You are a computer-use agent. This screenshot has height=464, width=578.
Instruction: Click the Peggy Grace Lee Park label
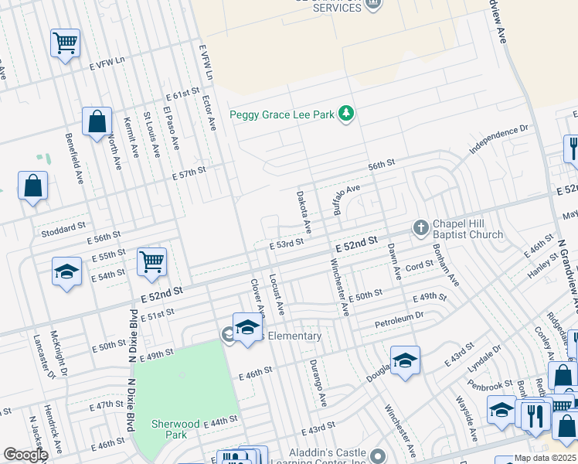pos(282,115)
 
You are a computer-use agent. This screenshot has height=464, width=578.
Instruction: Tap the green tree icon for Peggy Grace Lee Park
pos(347,114)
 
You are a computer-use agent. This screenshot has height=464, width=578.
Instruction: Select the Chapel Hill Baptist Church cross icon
pos(420,227)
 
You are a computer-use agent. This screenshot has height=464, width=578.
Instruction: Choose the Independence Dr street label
pos(499,140)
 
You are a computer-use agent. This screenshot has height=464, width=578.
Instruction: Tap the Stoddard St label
pos(65,228)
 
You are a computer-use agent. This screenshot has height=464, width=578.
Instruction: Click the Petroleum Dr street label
pos(399,319)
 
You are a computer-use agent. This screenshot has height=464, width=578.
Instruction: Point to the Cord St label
pos(420,265)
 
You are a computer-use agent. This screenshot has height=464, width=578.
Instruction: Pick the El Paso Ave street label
pos(171,132)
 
